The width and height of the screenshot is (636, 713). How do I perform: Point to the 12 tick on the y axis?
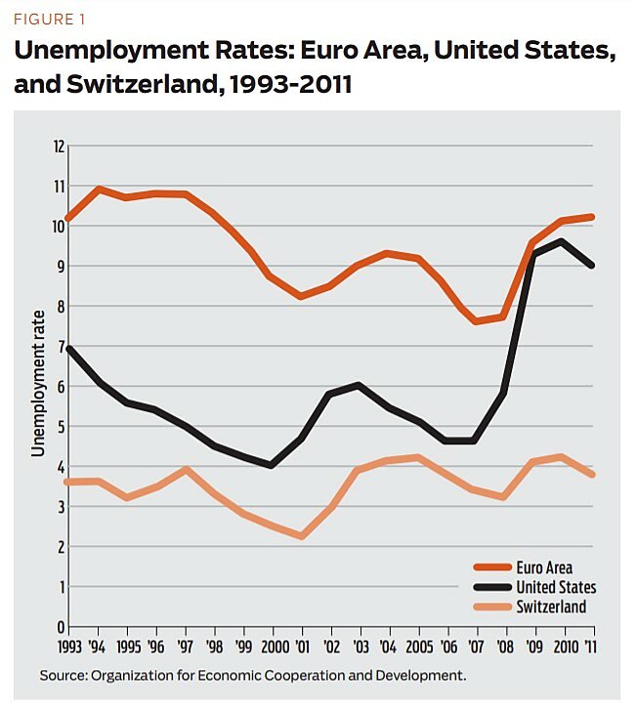(58, 147)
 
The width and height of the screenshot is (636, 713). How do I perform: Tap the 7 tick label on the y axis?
(60, 347)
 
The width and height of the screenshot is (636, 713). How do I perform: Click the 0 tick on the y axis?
(60, 627)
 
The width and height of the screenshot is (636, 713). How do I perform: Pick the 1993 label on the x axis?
(68, 646)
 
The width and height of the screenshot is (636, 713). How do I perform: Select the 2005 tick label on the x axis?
(417, 646)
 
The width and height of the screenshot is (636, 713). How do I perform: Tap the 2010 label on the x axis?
(561, 646)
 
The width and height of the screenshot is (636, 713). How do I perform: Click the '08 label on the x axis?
(504, 646)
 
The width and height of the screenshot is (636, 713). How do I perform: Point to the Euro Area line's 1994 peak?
(100, 189)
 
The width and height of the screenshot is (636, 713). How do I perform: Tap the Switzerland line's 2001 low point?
(302, 536)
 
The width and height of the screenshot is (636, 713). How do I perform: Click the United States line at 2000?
(272, 465)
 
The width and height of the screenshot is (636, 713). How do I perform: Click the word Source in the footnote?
(62, 675)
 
